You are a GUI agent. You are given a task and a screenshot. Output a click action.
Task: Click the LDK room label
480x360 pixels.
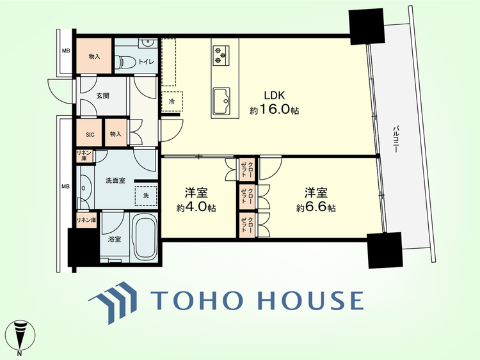tap(275, 95)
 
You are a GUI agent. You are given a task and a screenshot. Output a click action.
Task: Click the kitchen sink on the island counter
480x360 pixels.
tap(221, 100)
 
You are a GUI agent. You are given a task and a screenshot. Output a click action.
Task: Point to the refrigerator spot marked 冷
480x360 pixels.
tap(172, 102)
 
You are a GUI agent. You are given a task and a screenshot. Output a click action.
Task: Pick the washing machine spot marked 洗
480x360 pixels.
tap(146, 196)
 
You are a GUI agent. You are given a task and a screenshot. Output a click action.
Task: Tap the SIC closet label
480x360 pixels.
tap(90, 135)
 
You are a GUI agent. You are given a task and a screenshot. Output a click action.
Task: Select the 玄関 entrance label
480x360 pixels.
tap(103, 96)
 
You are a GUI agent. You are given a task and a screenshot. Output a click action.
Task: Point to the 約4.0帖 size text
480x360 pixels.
tap(196, 208)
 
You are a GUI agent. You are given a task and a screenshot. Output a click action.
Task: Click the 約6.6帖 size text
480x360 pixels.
tap(316, 208)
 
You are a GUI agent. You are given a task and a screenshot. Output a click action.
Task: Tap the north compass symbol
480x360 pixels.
tap(20, 336)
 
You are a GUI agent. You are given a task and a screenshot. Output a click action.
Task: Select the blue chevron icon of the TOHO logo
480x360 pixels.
tap(113, 302)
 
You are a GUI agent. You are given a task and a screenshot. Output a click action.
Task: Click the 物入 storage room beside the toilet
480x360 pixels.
tap(94, 56)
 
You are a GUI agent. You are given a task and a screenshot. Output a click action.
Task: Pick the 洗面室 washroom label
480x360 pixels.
tap(115, 181)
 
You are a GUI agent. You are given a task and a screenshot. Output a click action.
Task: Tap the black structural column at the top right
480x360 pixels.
tap(367, 26)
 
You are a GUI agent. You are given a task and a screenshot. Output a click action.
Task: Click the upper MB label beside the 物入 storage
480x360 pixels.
tap(66, 51)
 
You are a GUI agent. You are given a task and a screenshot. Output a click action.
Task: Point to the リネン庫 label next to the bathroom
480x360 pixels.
tap(86, 220)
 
